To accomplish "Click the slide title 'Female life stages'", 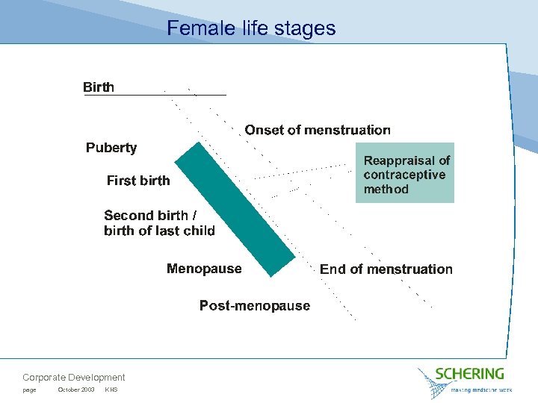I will pyautogui.click(x=251, y=28).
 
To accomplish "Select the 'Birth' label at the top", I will pyautogui.click(x=99, y=87).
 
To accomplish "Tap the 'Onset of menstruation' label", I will pyautogui.click(x=318, y=130).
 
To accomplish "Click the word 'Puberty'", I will pyautogui.click(x=111, y=148).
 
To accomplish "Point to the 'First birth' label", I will pyautogui.click(x=138, y=181).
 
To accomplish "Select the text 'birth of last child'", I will pyautogui.click(x=159, y=231).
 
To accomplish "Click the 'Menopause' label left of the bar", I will pyautogui.click(x=204, y=269).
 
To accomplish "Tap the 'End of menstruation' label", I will pyautogui.click(x=386, y=269).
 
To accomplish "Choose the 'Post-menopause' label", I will pyautogui.click(x=254, y=305).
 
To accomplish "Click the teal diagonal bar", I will pyautogui.click(x=235, y=209).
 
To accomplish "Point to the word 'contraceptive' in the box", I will pyautogui.click(x=404, y=175).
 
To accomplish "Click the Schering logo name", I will pyautogui.click(x=469, y=373).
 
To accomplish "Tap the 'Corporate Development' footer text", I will pyautogui.click(x=74, y=378).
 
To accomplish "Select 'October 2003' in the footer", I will pyautogui.click(x=76, y=390).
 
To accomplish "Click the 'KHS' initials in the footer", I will pyautogui.click(x=111, y=390).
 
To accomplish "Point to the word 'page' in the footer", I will pyautogui.click(x=29, y=390).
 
